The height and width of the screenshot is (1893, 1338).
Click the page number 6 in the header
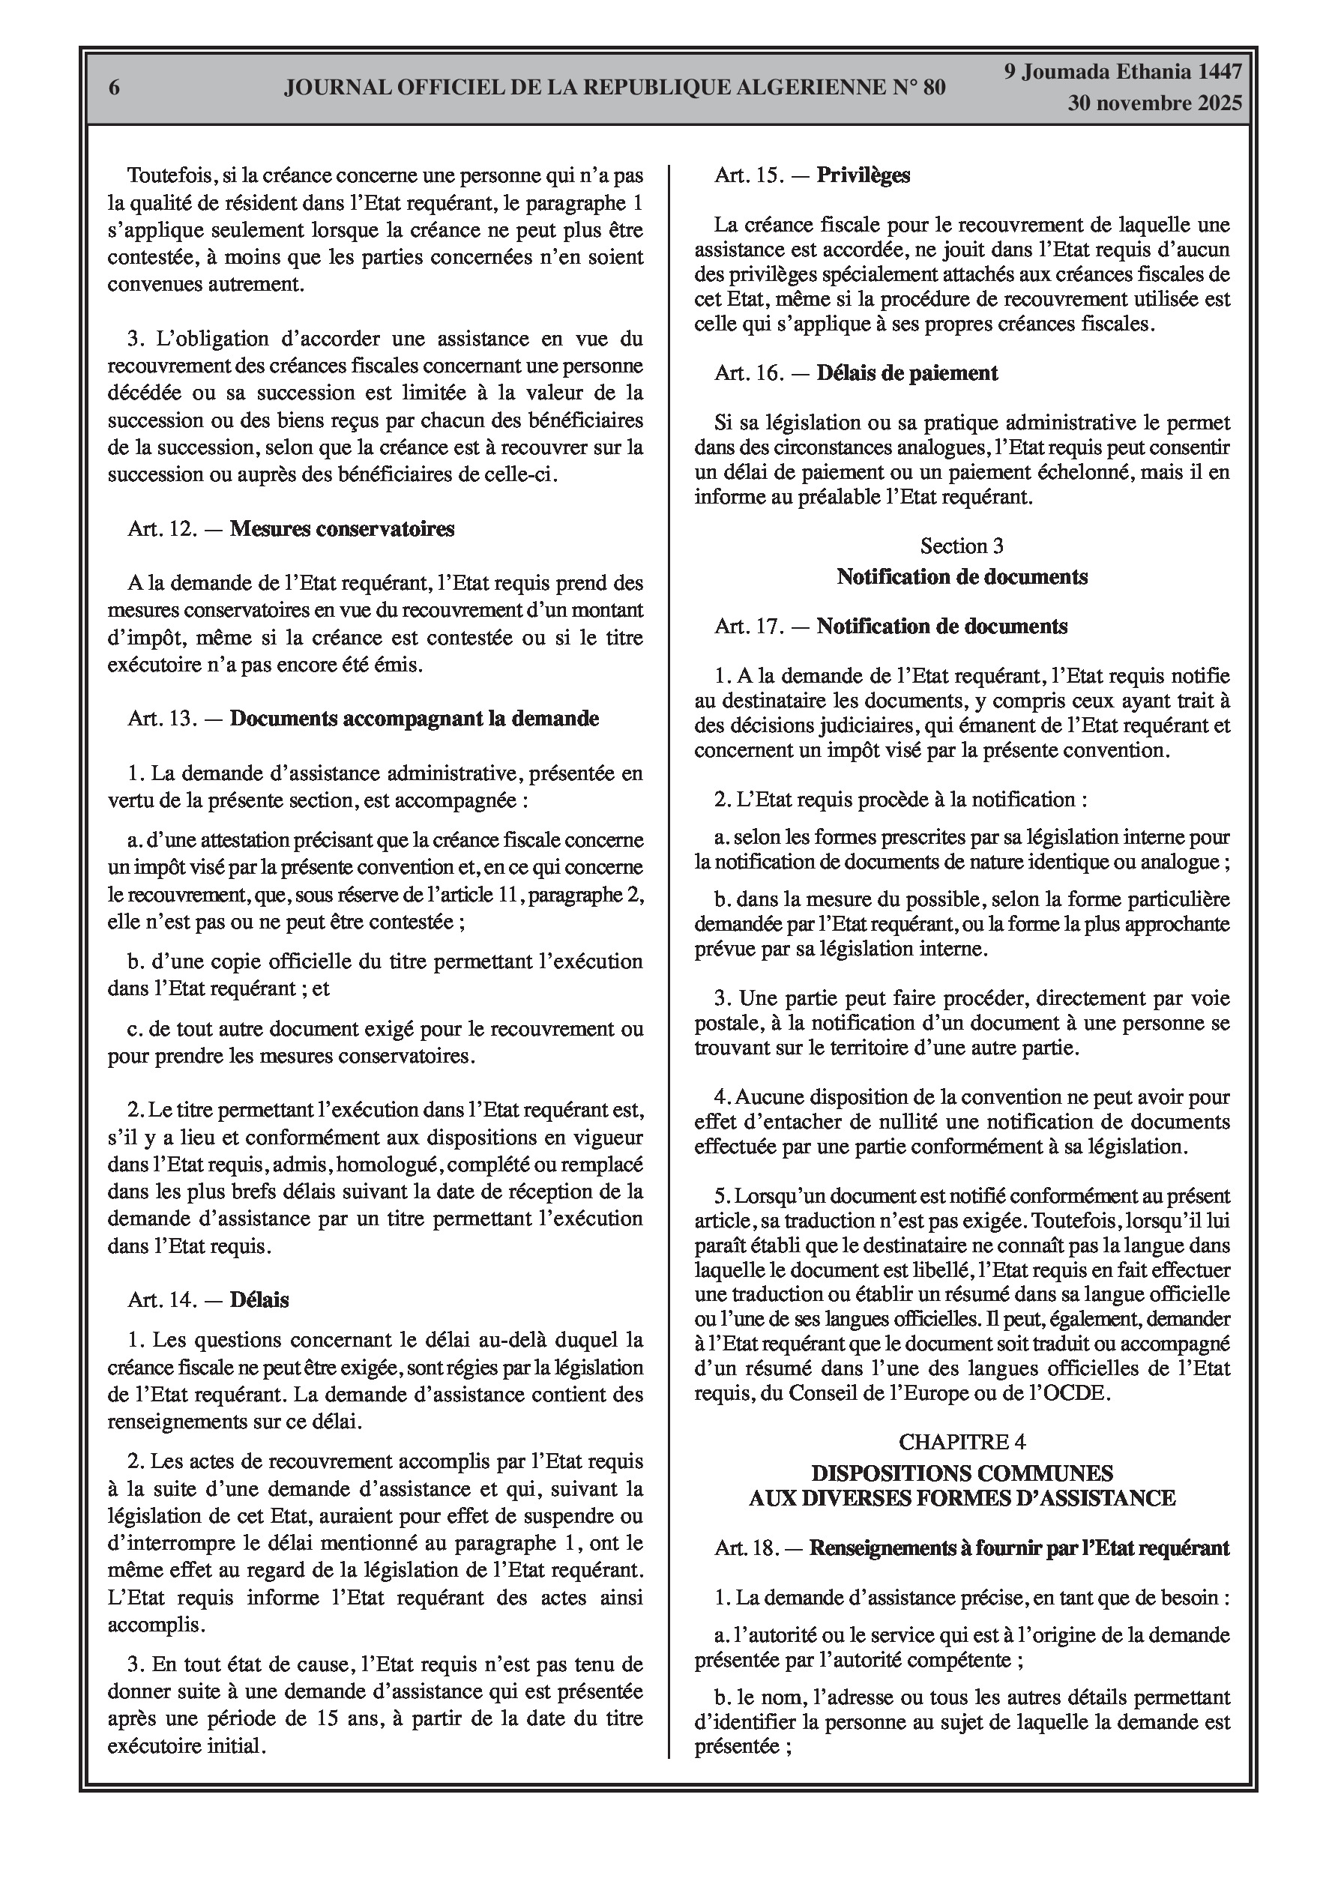point(115,88)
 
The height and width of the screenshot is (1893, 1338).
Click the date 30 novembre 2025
point(1155,104)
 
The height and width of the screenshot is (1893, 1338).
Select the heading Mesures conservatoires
point(342,528)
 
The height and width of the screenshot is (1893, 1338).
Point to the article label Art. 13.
point(163,719)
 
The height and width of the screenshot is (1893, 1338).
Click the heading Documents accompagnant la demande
point(414,719)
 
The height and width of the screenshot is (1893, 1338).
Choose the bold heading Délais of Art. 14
point(259,1300)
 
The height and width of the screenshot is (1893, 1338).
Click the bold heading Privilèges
point(863,175)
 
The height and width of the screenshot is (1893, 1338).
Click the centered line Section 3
point(962,546)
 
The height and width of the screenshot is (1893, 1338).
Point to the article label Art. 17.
point(749,627)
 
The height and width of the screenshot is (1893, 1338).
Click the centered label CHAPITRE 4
point(962,1442)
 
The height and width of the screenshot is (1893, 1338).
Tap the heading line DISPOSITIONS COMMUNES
point(962,1473)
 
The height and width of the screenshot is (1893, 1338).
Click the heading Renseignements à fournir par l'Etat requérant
point(1019,1548)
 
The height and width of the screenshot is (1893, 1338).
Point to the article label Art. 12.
point(163,528)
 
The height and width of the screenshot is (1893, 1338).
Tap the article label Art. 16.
point(749,373)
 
